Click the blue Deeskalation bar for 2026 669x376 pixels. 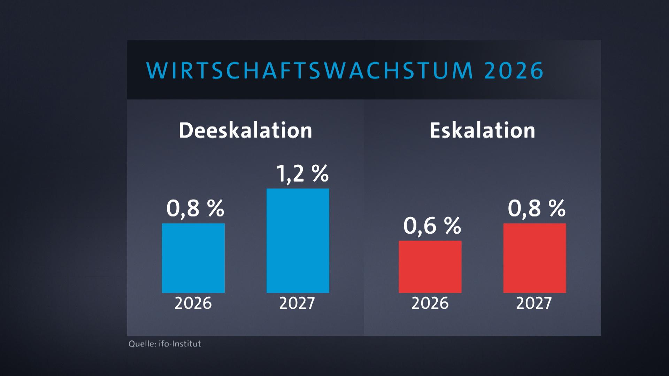[x=193, y=258]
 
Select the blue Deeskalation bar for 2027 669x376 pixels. [x=298, y=241]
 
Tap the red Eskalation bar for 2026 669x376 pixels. [x=430, y=267]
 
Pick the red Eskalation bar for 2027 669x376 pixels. [x=535, y=258]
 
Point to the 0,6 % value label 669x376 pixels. [x=432, y=225]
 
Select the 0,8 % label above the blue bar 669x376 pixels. [x=195, y=208]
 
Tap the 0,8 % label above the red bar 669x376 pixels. [x=536, y=208]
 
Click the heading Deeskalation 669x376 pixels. [x=245, y=130]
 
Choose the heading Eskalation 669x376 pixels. [x=482, y=130]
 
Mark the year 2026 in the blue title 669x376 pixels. [x=513, y=70]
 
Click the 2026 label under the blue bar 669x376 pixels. [x=193, y=303]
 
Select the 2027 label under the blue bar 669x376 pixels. [x=297, y=303]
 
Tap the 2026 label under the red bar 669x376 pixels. [x=430, y=303]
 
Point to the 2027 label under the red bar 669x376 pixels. [x=534, y=303]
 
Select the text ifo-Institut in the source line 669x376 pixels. [x=180, y=344]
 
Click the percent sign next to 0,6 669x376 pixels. [x=452, y=225]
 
